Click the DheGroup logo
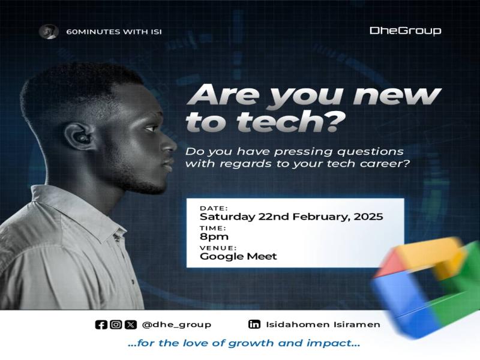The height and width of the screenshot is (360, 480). (406, 31)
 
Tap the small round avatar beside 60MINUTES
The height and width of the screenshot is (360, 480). (49, 32)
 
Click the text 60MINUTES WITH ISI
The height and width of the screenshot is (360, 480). (114, 32)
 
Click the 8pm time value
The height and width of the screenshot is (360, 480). (214, 237)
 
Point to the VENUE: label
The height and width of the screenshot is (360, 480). (218, 248)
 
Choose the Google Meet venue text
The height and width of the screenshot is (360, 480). (238, 256)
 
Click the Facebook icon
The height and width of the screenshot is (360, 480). (101, 325)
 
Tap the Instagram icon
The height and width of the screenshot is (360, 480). (116, 325)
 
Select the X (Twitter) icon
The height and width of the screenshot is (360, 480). (131, 325)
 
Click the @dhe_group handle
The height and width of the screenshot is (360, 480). (176, 325)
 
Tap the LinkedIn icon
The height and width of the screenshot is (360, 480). (254, 324)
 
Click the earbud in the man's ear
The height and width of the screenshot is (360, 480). (82, 139)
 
